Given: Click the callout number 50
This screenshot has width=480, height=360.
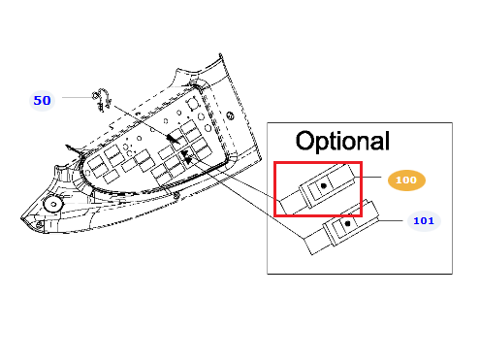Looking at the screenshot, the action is click(x=42, y=101).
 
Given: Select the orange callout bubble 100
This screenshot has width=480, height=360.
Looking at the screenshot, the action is click(x=406, y=180).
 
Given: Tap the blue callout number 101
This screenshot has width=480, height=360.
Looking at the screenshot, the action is click(x=424, y=221).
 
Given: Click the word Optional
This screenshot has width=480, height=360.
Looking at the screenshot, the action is click(x=342, y=141).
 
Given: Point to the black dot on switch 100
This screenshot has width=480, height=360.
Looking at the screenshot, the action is click(x=324, y=185).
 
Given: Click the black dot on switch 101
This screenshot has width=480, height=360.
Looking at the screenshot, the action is click(x=348, y=223).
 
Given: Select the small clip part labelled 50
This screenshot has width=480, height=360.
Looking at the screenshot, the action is click(x=102, y=100).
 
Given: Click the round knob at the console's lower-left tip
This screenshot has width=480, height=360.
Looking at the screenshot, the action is click(x=52, y=204).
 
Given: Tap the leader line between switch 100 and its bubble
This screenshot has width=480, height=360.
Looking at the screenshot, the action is click(x=368, y=177).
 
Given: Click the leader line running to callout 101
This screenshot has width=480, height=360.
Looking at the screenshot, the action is click(x=391, y=220).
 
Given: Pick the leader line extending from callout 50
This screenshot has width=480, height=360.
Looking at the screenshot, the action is click(x=77, y=97).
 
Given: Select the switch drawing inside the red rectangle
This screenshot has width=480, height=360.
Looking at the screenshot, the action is click(x=318, y=189).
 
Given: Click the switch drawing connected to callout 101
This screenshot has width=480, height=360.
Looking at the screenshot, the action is click(x=341, y=227).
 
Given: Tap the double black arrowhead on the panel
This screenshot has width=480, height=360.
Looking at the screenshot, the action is click(x=186, y=156).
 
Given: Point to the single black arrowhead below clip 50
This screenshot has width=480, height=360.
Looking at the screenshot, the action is click(x=173, y=139).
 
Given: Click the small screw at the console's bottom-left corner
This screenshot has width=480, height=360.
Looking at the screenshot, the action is click(x=39, y=224).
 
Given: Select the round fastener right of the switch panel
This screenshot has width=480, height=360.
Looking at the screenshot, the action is click(x=230, y=115).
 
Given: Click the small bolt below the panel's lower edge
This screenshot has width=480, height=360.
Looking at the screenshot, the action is click(x=176, y=195).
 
